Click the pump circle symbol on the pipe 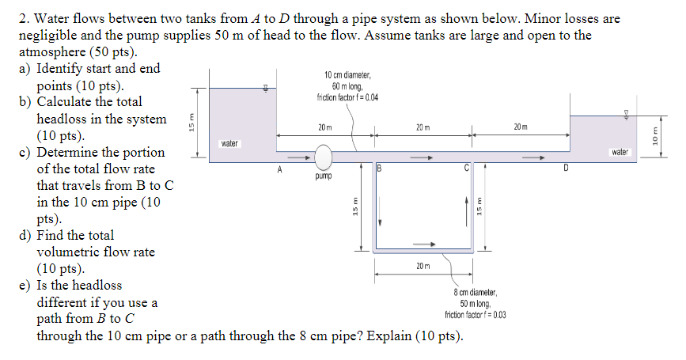tap(323, 157)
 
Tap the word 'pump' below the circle tap(323, 179)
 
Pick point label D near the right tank tap(565, 169)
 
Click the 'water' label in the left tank tap(229, 144)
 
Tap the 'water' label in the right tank tap(620, 150)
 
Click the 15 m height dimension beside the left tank tap(190, 123)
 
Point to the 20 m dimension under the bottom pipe tap(423, 266)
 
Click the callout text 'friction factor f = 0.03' tap(476, 314)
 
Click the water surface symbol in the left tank tap(267, 89)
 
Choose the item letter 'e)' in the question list tap(25, 286)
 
